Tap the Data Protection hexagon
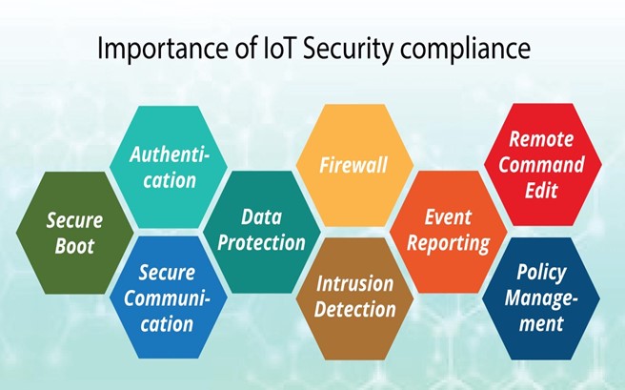pos(260,230)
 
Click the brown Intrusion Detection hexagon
pos(353,297)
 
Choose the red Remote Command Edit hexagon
pos(541,164)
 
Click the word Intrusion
pos(354,284)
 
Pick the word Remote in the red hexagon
pos(541,139)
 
